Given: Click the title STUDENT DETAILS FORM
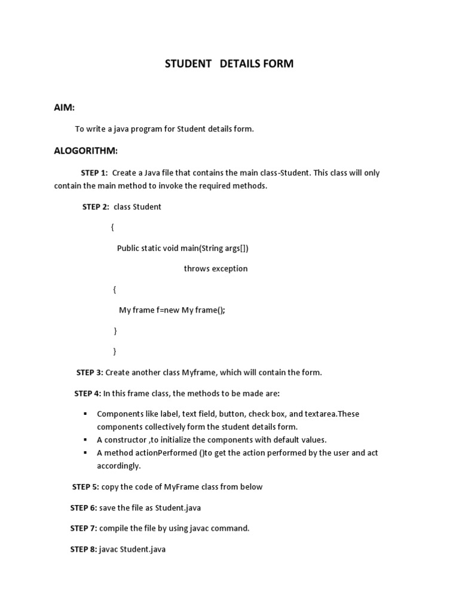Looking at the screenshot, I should coord(229,63).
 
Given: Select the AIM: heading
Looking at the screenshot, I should coord(65,107).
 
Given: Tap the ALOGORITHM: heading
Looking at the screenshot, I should coord(86,150).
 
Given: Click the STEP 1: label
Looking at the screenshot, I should coord(94,173).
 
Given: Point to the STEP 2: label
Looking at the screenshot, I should coord(96,207).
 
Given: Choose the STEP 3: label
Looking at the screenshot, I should coord(90,372).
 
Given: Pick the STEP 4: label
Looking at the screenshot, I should coord(87,393).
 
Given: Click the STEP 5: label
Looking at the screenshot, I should coord(85,486).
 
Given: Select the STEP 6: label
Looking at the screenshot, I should coord(84,507).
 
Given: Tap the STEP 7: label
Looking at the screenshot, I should coord(84,528).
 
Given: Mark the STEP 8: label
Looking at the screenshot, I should coord(84,549).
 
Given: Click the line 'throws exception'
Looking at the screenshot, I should coord(215,268).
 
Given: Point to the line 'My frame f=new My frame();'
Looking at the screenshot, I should coord(172,310).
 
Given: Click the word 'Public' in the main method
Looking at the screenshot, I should coord(128,248).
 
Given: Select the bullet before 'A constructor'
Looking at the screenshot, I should coord(85,440).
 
